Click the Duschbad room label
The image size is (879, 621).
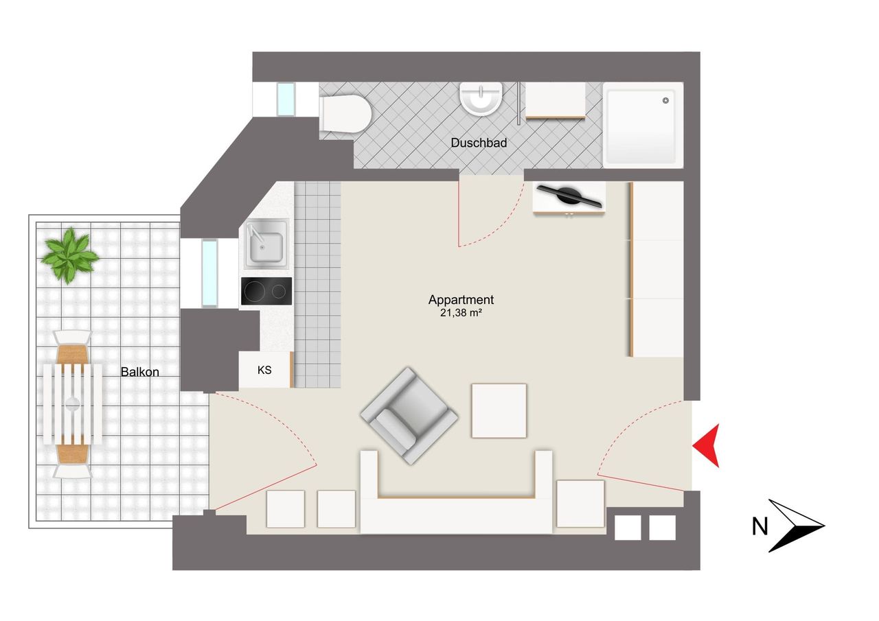click(479, 143)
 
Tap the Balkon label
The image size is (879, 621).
click(139, 372)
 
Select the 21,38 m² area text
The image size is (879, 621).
click(461, 313)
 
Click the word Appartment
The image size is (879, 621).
click(461, 300)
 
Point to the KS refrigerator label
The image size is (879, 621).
click(264, 370)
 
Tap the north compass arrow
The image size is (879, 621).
click(797, 525)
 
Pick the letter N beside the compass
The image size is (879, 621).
click(760, 527)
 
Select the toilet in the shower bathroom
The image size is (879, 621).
click(345, 114)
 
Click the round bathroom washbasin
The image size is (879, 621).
click(481, 98)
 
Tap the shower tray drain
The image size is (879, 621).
click(665, 100)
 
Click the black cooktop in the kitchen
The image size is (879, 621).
click(266, 291)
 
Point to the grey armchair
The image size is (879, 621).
click(409, 415)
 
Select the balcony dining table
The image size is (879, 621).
click(73, 403)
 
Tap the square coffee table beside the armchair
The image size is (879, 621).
click(499, 410)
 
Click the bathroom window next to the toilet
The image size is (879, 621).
click(286, 99)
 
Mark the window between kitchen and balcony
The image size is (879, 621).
click(209, 272)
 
